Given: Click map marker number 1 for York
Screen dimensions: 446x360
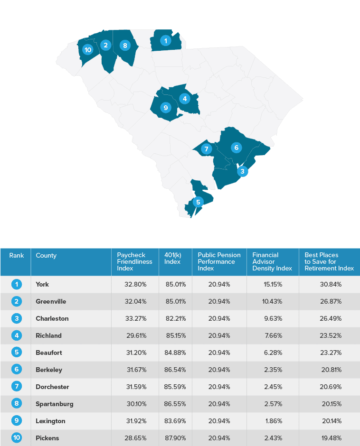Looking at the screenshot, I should point(165,40).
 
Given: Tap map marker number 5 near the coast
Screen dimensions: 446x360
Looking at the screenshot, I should point(198,202).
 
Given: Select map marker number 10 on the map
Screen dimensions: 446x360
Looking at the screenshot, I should point(87,49).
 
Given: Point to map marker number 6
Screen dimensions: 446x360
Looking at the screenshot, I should point(236,147).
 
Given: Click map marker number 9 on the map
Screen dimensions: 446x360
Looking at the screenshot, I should point(165,108).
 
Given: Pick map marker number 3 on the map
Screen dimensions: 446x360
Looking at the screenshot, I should point(242,171).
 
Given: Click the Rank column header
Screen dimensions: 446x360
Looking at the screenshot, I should point(17,256).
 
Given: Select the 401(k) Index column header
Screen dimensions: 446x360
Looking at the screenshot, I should point(172,259).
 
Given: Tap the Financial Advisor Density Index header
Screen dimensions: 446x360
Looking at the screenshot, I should point(272,261).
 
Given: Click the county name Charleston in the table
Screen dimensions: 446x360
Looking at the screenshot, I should point(52,318).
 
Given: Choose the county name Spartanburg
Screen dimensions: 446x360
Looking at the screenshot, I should point(55,404).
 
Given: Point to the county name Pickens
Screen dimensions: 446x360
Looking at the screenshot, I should point(47,438).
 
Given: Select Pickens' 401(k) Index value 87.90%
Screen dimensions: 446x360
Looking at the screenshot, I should point(176,438).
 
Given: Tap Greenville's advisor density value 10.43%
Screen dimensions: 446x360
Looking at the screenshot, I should point(273,301).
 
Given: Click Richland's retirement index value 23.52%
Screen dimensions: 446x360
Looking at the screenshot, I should point(330,335).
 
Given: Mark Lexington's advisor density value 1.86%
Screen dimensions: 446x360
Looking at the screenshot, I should point(273,421).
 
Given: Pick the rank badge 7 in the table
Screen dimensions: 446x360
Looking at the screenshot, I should point(17,387).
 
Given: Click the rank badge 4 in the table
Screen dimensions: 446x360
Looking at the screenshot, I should point(17,335).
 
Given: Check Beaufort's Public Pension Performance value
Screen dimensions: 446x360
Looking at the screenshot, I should point(219,353).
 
